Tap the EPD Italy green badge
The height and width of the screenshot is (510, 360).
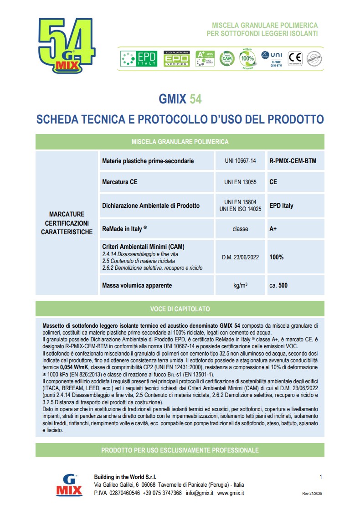(139, 59)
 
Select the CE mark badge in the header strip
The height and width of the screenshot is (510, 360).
(296, 59)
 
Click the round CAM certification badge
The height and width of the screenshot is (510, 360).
(226, 59)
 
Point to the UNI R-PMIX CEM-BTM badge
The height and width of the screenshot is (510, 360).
(272, 59)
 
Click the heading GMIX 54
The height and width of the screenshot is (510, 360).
(180, 99)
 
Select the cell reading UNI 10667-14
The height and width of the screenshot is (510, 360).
(240, 161)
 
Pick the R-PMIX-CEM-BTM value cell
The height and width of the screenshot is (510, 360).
(293, 161)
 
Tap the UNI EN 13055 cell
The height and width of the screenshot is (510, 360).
(240, 182)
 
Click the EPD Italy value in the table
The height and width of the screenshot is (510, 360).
(281, 206)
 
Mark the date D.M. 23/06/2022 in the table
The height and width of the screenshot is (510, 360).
(240, 257)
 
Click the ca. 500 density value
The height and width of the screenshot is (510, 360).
(278, 286)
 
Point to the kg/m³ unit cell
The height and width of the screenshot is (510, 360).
(240, 286)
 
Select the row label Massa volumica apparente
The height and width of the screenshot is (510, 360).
(137, 286)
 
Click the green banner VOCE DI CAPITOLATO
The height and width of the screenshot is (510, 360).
(180, 309)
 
